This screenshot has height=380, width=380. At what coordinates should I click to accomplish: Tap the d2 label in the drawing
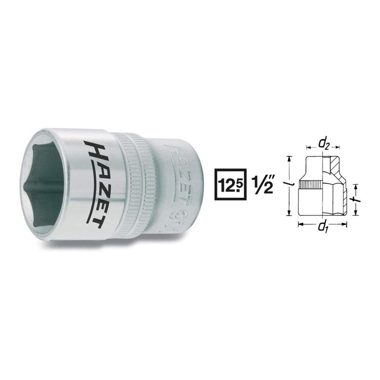tap(323, 142)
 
